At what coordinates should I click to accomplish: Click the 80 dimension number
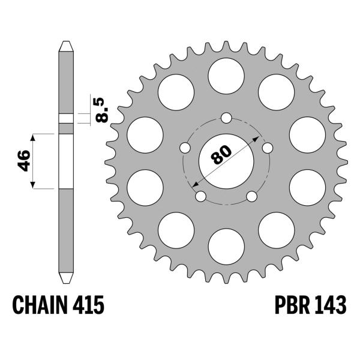tap(221, 155)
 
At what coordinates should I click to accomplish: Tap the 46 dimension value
tap(23, 161)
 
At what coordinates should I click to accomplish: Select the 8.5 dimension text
tap(101, 110)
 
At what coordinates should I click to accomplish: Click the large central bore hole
tap(226, 161)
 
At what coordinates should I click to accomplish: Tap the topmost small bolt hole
tap(226, 118)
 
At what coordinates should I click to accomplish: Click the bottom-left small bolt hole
tap(201, 196)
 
